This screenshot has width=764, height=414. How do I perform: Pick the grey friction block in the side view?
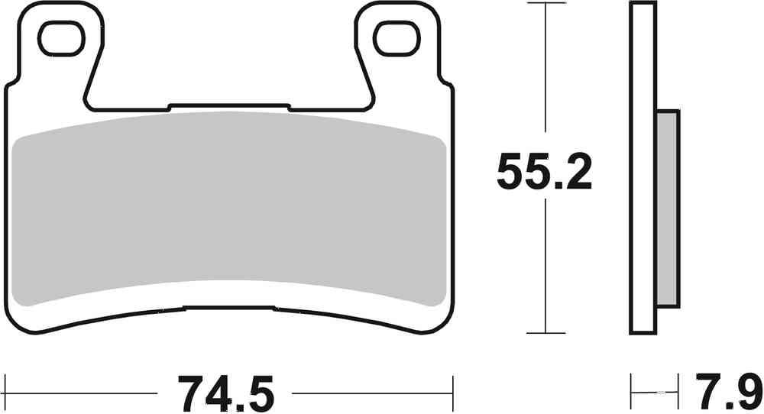click(668, 208)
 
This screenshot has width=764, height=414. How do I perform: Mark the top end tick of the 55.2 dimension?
click(544, 4)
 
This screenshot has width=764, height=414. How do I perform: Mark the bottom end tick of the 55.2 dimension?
click(544, 333)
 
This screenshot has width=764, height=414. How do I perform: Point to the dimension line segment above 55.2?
click(544, 76)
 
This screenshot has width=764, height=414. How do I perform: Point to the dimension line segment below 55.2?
click(544, 267)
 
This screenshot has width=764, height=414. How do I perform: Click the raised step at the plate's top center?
click(229, 105)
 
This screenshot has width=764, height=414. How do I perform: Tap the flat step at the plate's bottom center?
click(229, 309)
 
